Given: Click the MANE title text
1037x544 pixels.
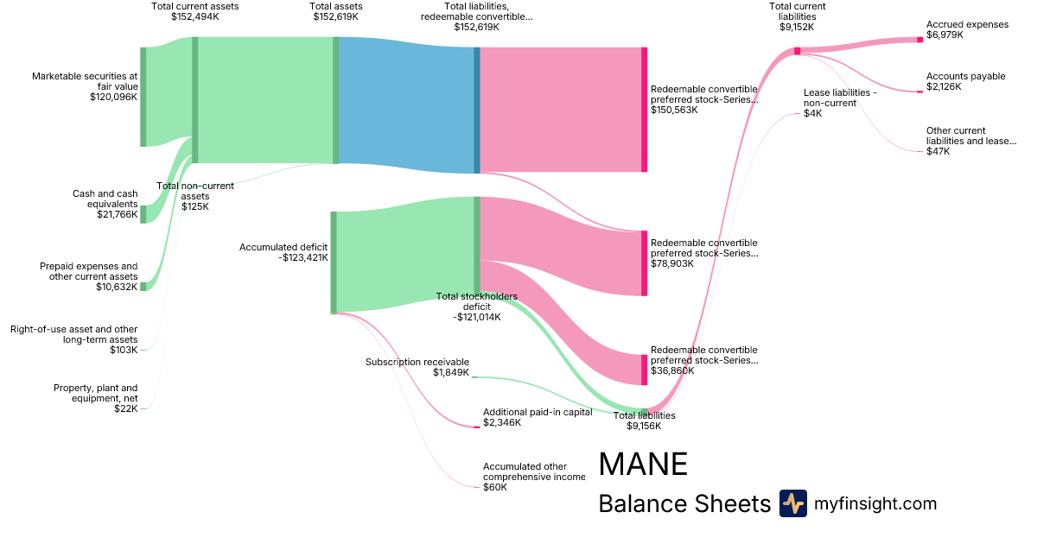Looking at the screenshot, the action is pyautogui.click(x=643, y=465).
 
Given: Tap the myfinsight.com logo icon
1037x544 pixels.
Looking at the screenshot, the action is pyautogui.click(x=792, y=503).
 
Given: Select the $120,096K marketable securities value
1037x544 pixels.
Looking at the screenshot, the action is pyautogui.click(x=113, y=98).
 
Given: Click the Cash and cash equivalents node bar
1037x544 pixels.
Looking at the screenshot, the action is pyautogui.click(x=143, y=214).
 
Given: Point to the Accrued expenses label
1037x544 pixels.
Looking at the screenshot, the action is pyautogui.click(x=967, y=25).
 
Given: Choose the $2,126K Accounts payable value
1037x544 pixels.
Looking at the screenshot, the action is pyautogui.click(x=944, y=87).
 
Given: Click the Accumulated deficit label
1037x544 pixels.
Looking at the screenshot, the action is pyautogui.click(x=283, y=247).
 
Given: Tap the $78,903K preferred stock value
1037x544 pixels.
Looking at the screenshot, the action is pyautogui.click(x=674, y=264).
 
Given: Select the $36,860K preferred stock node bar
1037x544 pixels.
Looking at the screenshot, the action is pyautogui.click(x=644, y=370).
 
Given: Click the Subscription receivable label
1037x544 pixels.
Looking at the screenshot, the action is pyautogui.click(x=417, y=362).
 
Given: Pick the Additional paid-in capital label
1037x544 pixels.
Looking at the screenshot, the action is pyautogui.click(x=538, y=412).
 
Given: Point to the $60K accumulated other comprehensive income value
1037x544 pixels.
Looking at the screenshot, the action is pyautogui.click(x=495, y=487).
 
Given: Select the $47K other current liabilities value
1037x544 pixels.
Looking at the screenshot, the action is pyautogui.click(x=938, y=151).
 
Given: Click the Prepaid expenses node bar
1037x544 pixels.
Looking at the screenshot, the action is pyautogui.click(x=143, y=286).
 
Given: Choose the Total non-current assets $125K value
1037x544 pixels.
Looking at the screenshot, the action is pyautogui.click(x=194, y=206).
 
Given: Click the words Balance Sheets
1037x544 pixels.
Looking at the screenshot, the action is pyautogui.click(x=684, y=503).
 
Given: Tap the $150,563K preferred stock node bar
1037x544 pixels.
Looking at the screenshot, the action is pyautogui.click(x=644, y=110).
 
